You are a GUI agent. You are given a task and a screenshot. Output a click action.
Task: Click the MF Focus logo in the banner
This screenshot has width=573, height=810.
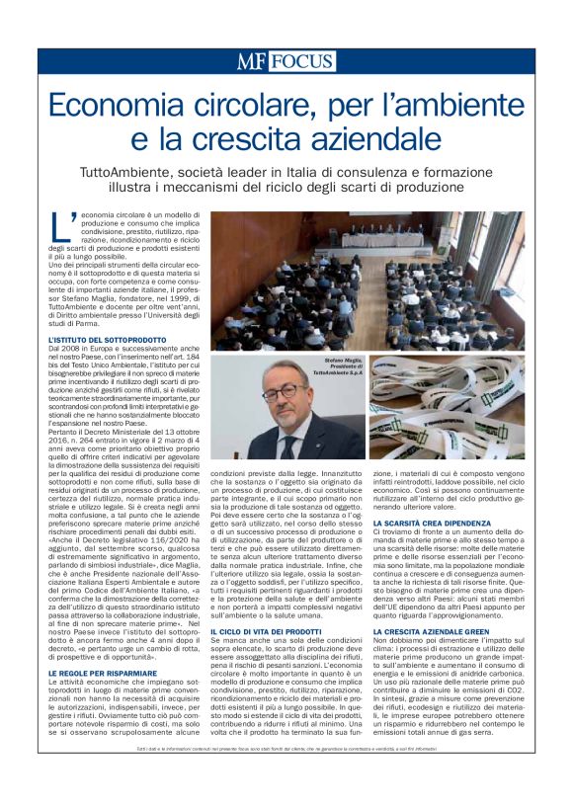click(x=286, y=61)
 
